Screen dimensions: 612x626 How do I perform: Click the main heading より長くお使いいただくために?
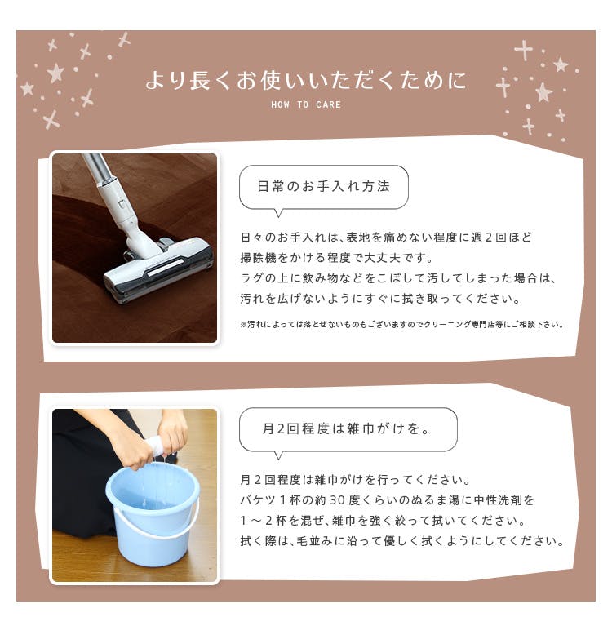coord(306,80)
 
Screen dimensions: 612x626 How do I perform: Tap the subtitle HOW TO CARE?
coord(306,104)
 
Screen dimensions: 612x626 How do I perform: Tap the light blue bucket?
coord(153,515)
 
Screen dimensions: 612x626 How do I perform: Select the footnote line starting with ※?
coord(401,324)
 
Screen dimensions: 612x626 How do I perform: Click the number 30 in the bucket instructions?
coord(337,499)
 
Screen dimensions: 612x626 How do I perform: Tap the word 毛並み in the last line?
coord(314,541)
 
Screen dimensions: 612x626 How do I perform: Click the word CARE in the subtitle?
coord(328,104)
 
